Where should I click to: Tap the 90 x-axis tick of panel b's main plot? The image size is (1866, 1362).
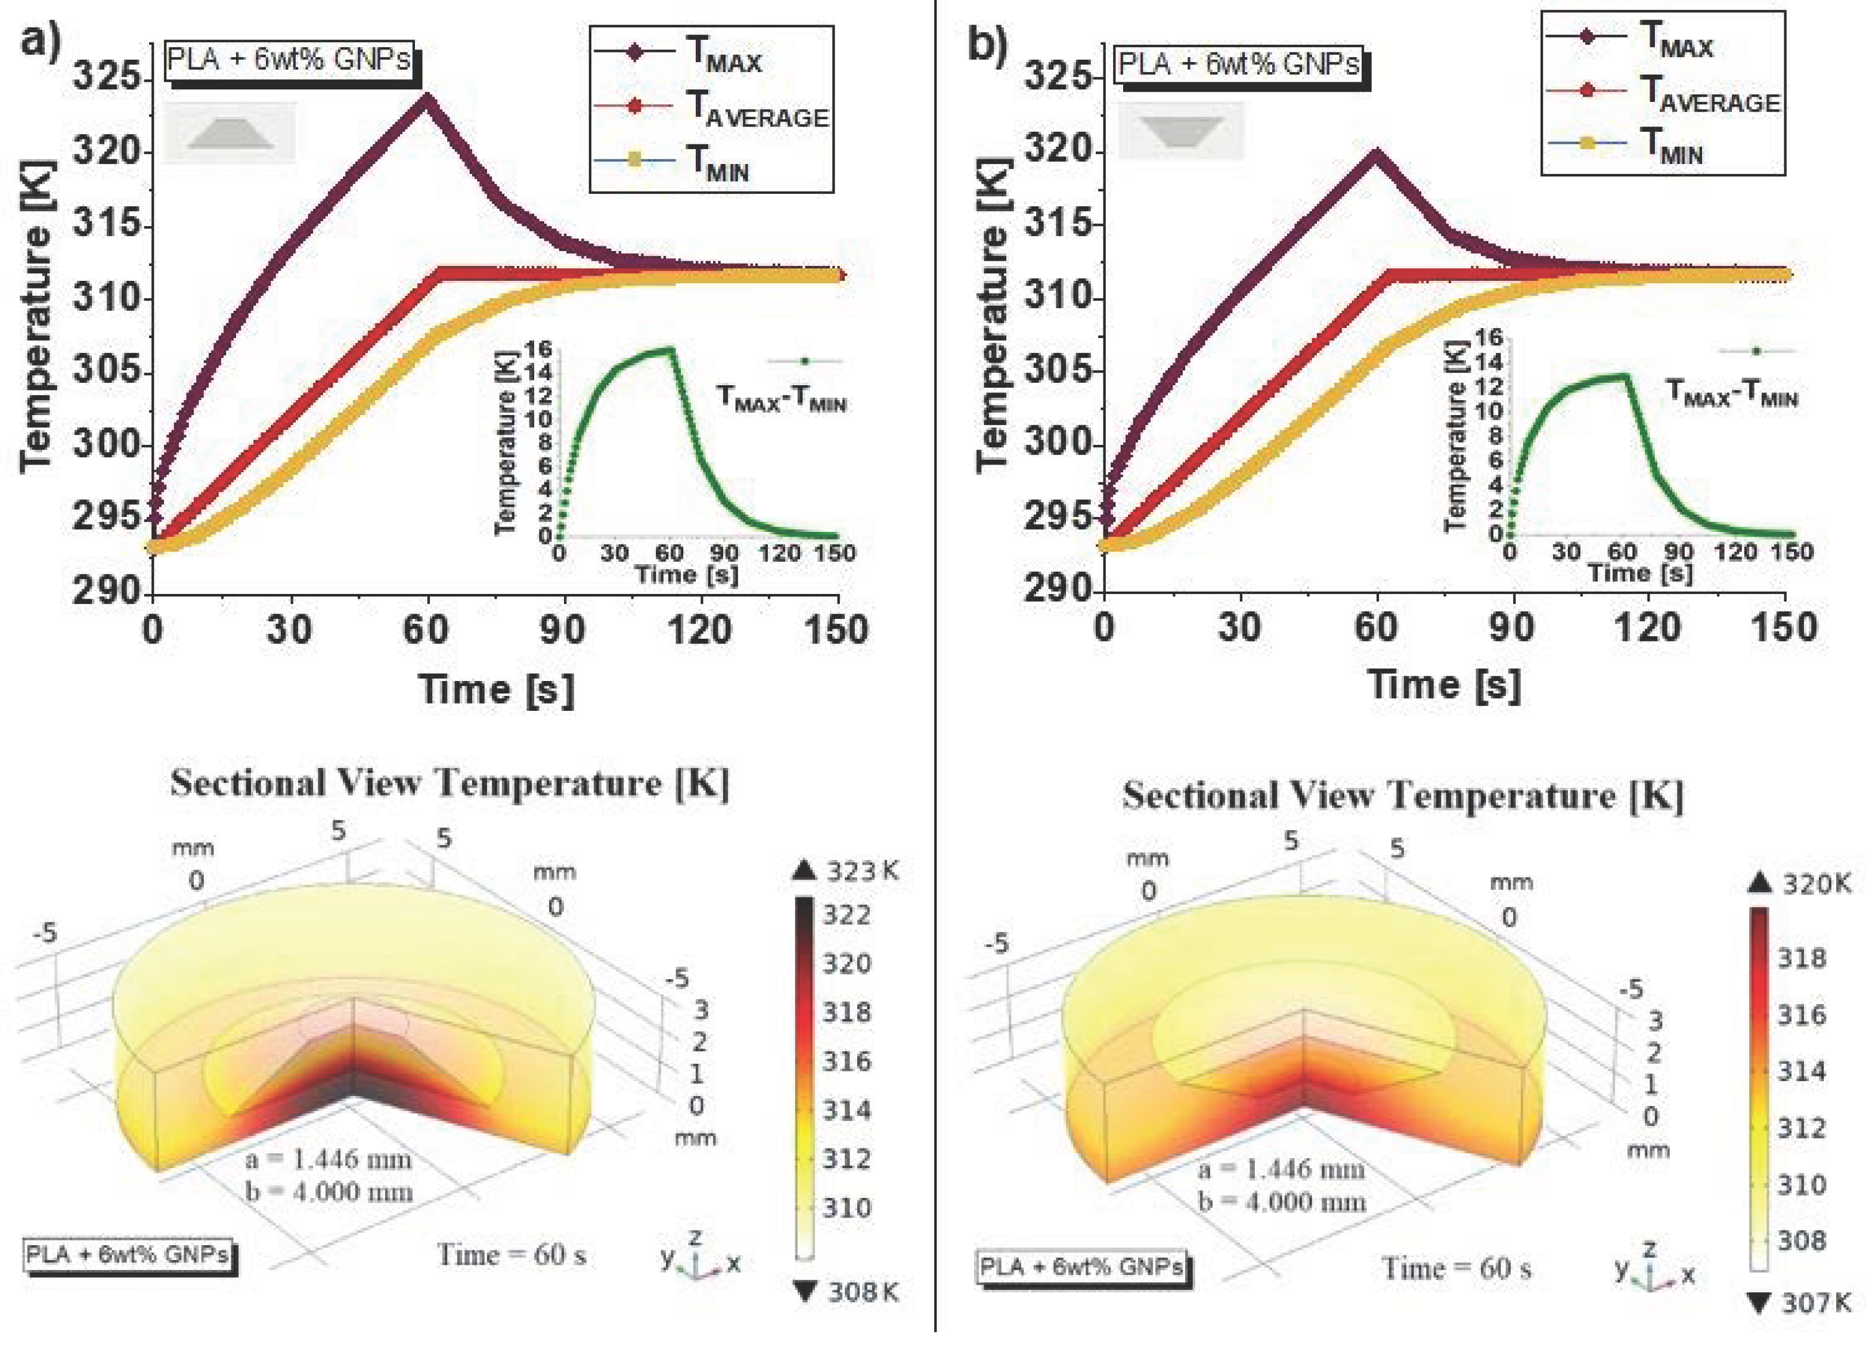click(x=1512, y=629)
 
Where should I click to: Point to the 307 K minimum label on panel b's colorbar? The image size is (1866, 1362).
click(x=1814, y=1302)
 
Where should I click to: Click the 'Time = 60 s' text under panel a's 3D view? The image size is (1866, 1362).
click(x=511, y=1255)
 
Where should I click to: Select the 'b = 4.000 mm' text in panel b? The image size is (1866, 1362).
click(x=1282, y=1201)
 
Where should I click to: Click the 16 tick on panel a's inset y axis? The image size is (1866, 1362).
click(x=539, y=349)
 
